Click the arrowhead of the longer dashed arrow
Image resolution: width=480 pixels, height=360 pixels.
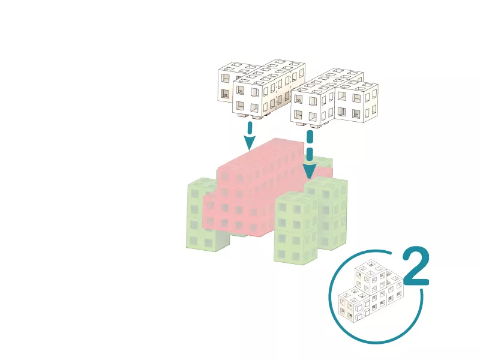click(x=310, y=172)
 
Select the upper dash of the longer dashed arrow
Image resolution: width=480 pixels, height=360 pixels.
click(x=310, y=137)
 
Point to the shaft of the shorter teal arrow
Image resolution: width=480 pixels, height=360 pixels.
click(x=250, y=128)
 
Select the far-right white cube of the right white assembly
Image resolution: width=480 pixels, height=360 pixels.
click(x=357, y=101)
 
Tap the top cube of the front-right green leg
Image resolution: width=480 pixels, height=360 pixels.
click(x=296, y=212)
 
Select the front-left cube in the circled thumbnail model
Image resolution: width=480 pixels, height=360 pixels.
click(x=354, y=305)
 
